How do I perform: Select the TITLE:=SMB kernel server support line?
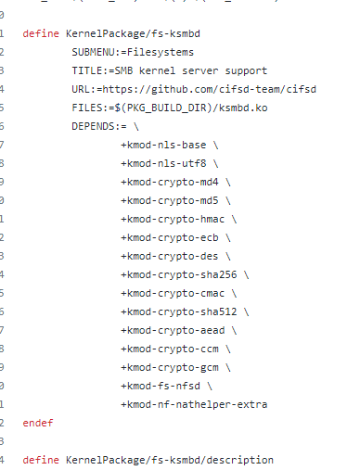pos(169,70)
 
